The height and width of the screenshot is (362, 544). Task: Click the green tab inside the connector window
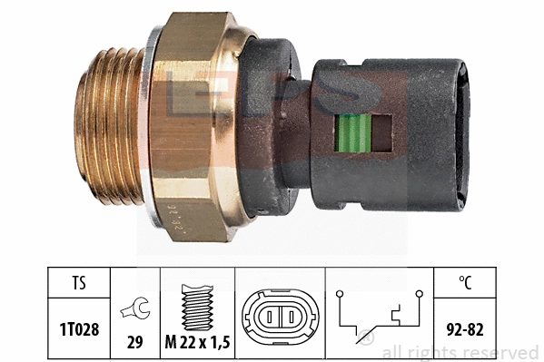click(x=353, y=132)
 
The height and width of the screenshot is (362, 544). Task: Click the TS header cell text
click(x=79, y=282)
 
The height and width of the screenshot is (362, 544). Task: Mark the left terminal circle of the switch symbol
click(x=340, y=293)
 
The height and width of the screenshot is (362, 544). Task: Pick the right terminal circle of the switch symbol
click(x=420, y=293)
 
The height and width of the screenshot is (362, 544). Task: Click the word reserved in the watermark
click(x=504, y=352)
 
